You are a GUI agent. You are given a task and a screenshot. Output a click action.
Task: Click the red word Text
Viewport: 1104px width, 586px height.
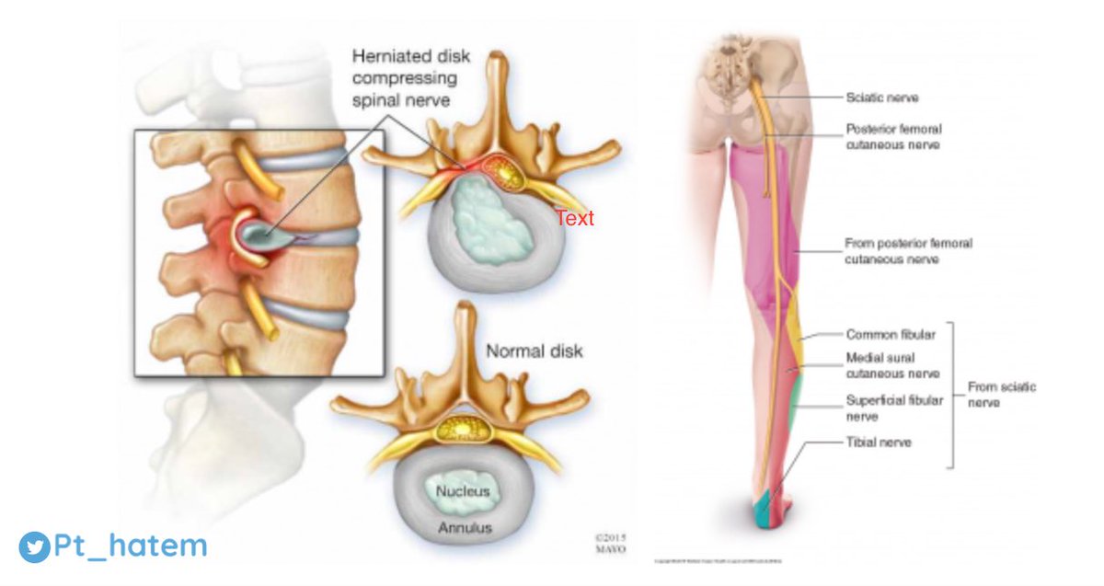pyautogui.click(x=574, y=219)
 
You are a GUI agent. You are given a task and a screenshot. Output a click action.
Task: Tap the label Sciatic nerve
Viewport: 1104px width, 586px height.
pyautogui.click(x=881, y=97)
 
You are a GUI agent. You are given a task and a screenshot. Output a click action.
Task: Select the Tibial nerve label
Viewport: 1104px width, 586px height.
pyautogui.click(x=879, y=442)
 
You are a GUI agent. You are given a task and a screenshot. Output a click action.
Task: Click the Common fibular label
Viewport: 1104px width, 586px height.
pyautogui.click(x=884, y=335)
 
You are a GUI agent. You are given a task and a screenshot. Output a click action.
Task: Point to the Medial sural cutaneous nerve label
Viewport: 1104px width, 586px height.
pyautogui.click(x=892, y=365)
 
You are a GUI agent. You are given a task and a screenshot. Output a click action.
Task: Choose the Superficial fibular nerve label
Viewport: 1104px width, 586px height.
pyautogui.click(x=894, y=408)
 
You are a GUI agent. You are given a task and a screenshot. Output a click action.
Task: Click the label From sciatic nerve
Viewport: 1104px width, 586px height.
pyautogui.click(x=1001, y=394)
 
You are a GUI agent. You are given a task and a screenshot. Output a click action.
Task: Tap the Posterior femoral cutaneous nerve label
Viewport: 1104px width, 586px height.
pyautogui.click(x=892, y=137)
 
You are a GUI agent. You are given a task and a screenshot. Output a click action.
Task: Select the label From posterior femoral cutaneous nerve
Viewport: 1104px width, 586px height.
pyautogui.click(x=908, y=251)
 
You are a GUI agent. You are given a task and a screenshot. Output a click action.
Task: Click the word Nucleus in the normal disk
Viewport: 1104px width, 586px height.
pyautogui.click(x=464, y=491)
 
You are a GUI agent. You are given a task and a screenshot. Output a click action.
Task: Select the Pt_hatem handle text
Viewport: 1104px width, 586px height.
pyautogui.click(x=129, y=546)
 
